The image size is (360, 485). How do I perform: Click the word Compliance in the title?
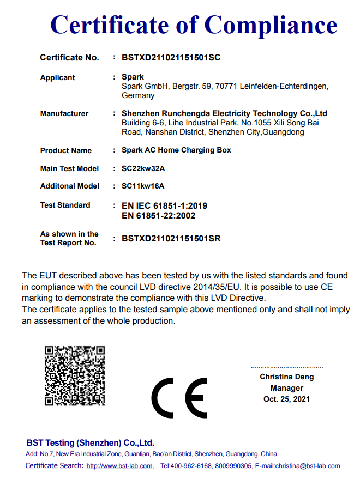[271, 25]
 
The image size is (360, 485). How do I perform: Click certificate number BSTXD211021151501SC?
[171, 58]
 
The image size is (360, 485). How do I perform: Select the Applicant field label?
[57, 78]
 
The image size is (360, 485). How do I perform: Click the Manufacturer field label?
[64, 114]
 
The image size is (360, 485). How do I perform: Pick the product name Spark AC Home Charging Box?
[176, 150]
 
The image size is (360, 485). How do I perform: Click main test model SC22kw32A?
[143, 168]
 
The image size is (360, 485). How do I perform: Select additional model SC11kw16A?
[143, 186]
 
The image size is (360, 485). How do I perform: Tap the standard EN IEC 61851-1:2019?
[164, 206]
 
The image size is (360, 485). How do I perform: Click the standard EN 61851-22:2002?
[158, 215]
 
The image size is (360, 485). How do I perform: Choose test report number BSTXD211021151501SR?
[171, 239]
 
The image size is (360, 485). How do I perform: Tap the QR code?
[74, 375]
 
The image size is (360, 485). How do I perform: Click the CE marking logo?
[179, 397]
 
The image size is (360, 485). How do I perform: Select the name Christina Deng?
[286, 377]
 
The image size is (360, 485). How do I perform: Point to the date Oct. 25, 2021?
[286, 399]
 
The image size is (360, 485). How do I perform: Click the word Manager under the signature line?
[286, 388]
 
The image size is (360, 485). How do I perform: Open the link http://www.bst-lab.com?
[119, 466]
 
